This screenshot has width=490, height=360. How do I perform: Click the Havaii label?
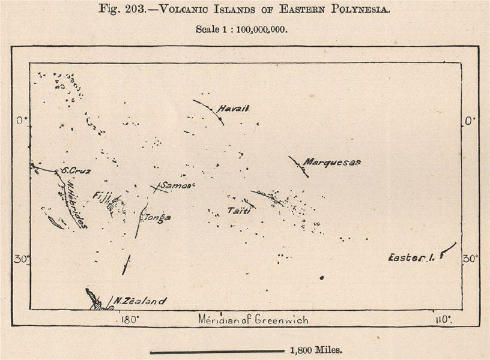(x=233, y=109)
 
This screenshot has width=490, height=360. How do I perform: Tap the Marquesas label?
(x=331, y=162)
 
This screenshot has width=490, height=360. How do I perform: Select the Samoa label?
(x=177, y=185)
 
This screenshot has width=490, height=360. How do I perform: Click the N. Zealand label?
(x=141, y=301)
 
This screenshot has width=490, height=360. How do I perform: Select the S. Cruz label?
(x=76, y=170)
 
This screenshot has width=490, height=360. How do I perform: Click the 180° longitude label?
(x=130, y=320)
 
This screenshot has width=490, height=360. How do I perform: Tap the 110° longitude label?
(x=443, y=320)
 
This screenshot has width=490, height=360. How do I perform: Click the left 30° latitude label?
(x=21, y=259)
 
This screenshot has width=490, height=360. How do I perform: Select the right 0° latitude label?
(x=470, y=121)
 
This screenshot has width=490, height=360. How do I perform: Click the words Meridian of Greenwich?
(x=253, y=320)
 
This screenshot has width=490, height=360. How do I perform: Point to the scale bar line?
(x=217, y=352)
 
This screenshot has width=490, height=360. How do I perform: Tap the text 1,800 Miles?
(x=316, y=350)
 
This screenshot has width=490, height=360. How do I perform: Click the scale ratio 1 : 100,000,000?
(x=253, y=29)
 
